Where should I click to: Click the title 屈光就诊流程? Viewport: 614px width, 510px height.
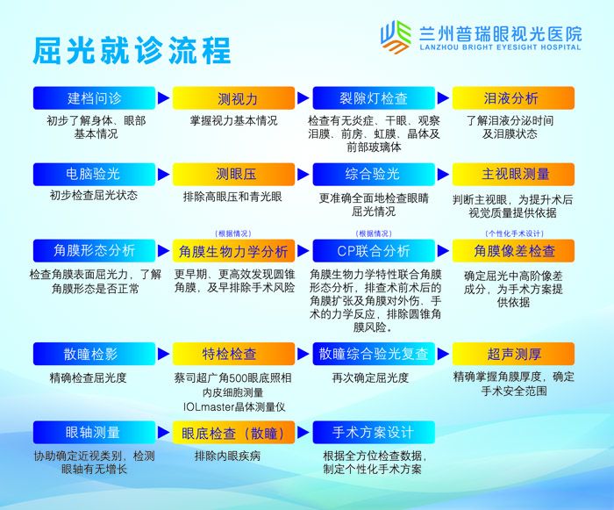pyautogui.click(x=132, y=49)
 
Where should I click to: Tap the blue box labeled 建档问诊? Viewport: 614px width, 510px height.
pyautogui.click(x=94, y=97)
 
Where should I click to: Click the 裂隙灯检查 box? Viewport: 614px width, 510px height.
pyautogui.click(x=373, y=97)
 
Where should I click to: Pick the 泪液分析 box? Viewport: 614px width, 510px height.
pyautogui.click(x=512, y=97)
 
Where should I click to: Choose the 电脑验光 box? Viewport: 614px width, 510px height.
pyautogui.click(x=94, y=174)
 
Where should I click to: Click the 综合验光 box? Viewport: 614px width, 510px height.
pyautogui.click(x=373, y=174)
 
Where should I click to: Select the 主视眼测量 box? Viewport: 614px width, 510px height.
pyautogui.click(x=512, y=174)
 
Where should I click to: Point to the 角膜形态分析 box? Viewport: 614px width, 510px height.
pyautogui.click(x=94, y=251)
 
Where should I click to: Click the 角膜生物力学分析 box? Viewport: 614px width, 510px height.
pyautogui.click(x=233, y=251)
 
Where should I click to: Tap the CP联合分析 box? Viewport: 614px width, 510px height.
pyautogui.click(x=373, y=251)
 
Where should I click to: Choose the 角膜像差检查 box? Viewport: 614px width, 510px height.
pyautogui.click(x=512, y=251)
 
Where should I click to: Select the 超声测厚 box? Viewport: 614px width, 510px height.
pyautogui.click(x=512, y=354)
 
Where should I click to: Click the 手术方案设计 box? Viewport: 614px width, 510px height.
pyautogui.click(x=373, y=433)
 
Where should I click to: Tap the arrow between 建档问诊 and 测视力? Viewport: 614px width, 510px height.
pyautogui.click(x=163, y=97)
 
